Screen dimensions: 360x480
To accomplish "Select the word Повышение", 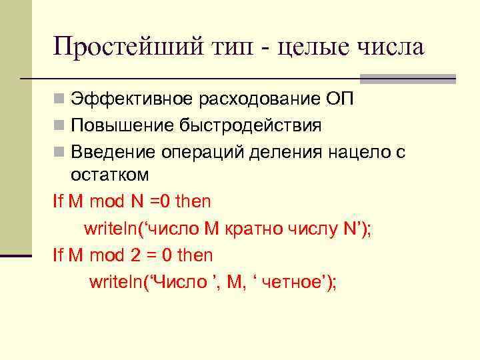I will (113, 125).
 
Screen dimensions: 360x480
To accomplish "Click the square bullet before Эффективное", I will (59, 100).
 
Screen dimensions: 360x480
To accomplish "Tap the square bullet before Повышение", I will (59, 126).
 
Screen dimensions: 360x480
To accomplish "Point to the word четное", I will (292, 282).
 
